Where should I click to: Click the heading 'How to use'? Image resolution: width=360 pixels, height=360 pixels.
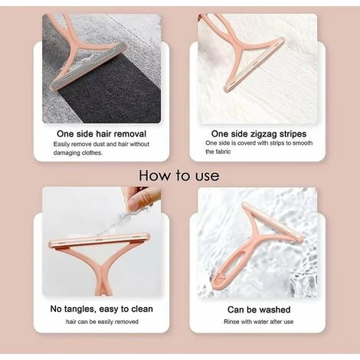(x=179, y=175)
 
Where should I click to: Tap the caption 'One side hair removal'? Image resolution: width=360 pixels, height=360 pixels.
(x=101, y=134)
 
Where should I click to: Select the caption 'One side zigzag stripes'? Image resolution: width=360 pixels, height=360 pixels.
(x=259, y=134)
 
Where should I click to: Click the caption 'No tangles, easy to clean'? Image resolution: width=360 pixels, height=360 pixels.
(x=102, y=309)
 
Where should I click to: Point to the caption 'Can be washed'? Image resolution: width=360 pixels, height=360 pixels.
(x=259, y=309)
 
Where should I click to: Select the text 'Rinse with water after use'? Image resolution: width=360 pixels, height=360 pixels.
(x=258, y=322)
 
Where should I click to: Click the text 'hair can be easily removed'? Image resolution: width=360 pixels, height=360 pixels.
(x=102, y=322)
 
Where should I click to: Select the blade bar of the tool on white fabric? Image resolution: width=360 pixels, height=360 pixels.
(x=254, y=64)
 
